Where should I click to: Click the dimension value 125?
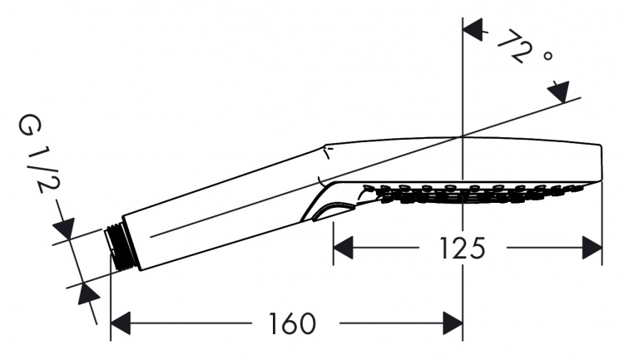point(463,249)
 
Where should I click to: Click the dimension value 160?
point(293,323)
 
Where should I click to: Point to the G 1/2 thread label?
point(38,154)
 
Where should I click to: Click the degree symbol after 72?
point(547,56)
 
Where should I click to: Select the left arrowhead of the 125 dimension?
point(343,248)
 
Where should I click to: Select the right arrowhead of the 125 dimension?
point(592,248)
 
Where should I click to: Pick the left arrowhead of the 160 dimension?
point(121,323)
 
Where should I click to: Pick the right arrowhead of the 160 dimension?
point(453,323)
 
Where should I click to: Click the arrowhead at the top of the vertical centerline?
point(473,28)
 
